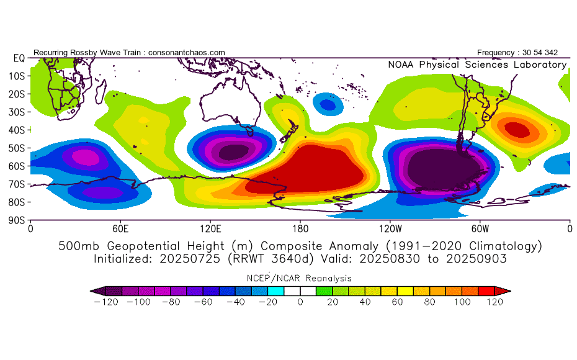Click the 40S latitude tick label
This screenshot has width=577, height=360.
pyautogui.click(x=16, y=130)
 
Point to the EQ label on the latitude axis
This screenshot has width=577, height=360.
pyautogui.click(x=19, y=58)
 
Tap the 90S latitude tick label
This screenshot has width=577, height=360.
pyautogui.click(x=16, y=220)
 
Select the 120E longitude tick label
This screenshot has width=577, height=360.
pyautogui.click(x=210, y=229)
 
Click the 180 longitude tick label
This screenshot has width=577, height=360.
pyautogui.click(x=300, y=229)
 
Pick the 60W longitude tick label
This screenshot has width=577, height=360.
pyautogui.click(x=480, y=229)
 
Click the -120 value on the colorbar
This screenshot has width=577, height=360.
pyautogui.click(x=106, y=302)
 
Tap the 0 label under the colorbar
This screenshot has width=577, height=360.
pyautogui.click(x=300, y=302)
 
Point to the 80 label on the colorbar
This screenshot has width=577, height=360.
pyautogui.click(x=429, y=302)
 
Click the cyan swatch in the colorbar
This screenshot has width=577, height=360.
pyautogui.click(x=276, y=291)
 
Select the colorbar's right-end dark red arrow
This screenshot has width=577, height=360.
pyautogui.click(x=503, y=291)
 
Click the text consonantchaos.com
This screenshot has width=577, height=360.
pyautogui.click(x=187, y=53)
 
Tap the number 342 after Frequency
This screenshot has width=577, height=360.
pyautogui.click(x=551, y=53)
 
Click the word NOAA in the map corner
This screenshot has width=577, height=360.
pyautogui.click(x=401, y=65)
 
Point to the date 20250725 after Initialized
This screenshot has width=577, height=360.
pyautogui.click(x=190, y=259)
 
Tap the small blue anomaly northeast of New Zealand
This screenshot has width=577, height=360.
pyautogui.click(x=328, y=104)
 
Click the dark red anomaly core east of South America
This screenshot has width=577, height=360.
pyautogui.click(x=517, y=130)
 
